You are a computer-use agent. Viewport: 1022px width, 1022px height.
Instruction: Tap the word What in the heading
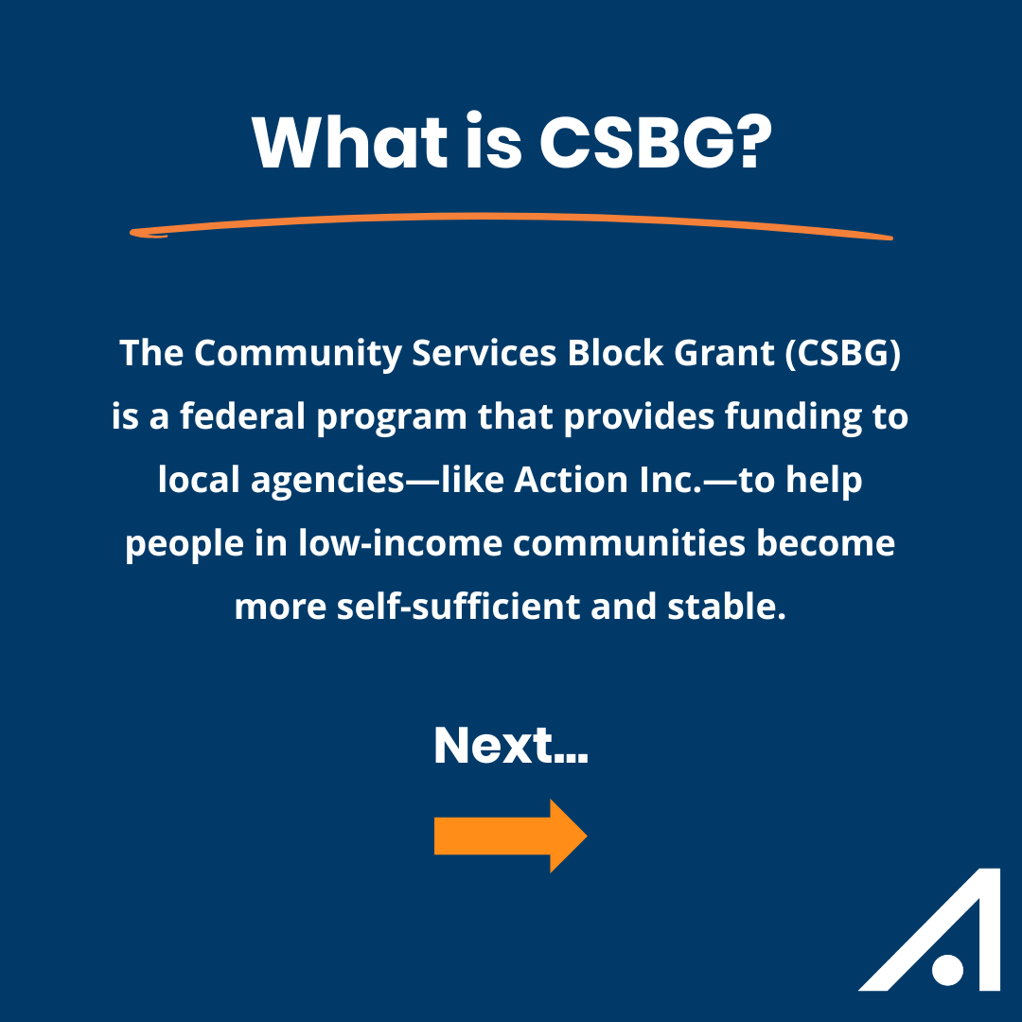click(350, 143)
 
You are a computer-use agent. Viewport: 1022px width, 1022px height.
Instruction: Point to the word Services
click(484, 353)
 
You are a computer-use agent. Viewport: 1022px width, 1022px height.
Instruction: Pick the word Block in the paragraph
click(615, 353)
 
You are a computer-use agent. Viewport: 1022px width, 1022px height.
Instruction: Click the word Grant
click(724, 353)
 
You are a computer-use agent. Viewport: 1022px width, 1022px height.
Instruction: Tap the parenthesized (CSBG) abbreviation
click(843, 353)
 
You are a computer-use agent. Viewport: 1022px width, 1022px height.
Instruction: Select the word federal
click(242, 416)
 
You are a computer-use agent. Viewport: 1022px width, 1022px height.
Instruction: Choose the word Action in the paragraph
click(571, 480)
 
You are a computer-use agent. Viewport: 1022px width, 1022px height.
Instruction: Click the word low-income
click(400, 543)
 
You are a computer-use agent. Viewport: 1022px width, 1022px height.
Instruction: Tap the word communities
click(629, 543)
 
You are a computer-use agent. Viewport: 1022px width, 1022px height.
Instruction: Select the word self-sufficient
click(458, 607)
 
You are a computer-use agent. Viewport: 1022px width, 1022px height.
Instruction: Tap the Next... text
click(511, 745)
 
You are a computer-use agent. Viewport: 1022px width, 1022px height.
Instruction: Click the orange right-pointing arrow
click(511, 836)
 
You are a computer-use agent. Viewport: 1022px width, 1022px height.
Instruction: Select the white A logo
click(932, 929)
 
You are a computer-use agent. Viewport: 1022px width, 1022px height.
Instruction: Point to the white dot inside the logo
click(947, 970)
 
